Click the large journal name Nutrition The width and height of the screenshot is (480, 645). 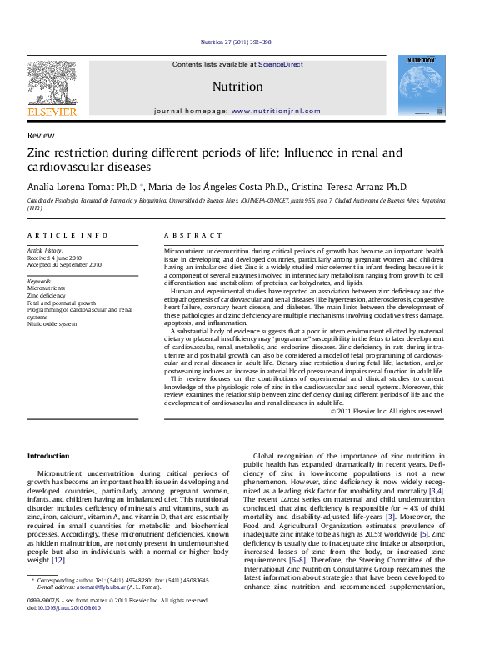point(237,87)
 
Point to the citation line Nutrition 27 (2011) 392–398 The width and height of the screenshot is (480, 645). point(236,42)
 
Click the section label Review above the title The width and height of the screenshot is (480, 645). point(41,134)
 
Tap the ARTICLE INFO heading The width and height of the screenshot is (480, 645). point(67,237)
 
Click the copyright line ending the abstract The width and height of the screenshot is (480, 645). point(387,411)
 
